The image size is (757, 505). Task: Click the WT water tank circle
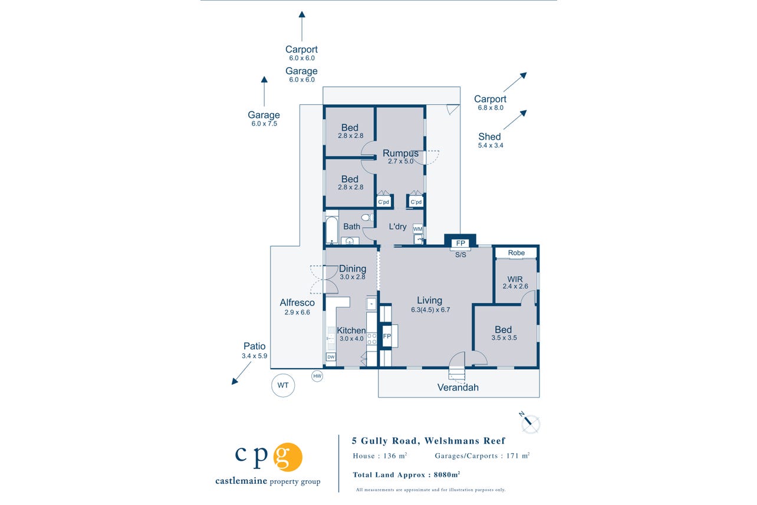click(283, 385)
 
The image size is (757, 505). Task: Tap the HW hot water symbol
click(317, 376)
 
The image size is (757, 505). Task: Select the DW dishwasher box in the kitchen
click(331, 357)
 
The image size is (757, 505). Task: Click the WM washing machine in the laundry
click(418, 229)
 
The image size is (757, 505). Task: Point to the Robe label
click(516, 252)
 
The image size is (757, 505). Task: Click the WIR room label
click(515, 279)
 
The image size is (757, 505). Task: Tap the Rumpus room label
click(400, 153)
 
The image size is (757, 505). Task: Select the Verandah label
click(458, 387)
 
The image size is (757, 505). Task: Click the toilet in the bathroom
click(367, 217)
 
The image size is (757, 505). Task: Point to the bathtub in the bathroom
click(331, 229)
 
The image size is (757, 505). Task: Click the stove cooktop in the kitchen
click(372, 339)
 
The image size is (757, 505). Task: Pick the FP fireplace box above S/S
click(460, 243)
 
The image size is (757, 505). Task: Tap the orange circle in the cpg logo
click(288, 457)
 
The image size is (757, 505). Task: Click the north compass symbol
click(529, 423)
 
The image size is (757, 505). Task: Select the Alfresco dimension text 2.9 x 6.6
click(297, 312)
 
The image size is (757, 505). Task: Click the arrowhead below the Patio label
click(235, 381)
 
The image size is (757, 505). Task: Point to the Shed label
click(489, 137)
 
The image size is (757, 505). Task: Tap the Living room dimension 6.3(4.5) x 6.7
click(430, 310)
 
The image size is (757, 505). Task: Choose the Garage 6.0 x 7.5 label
click(264, 119)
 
